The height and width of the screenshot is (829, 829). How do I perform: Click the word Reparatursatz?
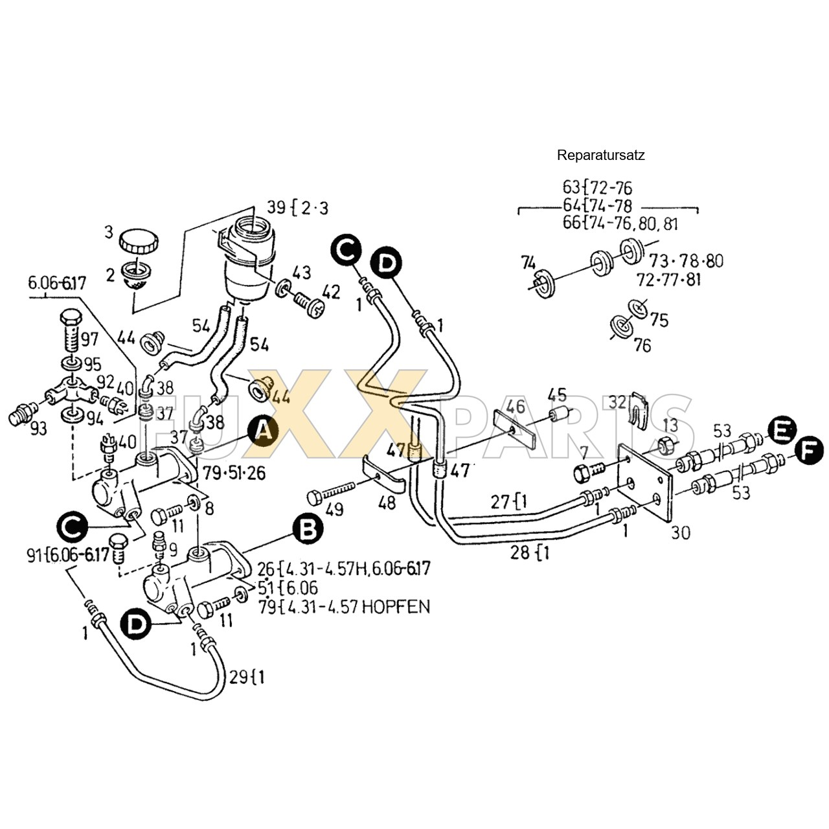coord(600,155)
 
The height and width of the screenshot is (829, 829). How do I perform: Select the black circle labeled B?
coord(307,529)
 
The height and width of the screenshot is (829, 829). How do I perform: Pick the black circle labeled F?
coord(809,451)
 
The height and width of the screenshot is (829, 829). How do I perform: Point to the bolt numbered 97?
coord(70,330)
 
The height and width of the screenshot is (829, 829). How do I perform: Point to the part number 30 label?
coord(680,532)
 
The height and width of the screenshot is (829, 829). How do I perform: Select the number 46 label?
coord(516,407)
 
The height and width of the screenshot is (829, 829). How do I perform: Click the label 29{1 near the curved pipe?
coord(247,677)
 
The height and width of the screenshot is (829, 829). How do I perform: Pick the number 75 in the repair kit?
coord(659,320)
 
